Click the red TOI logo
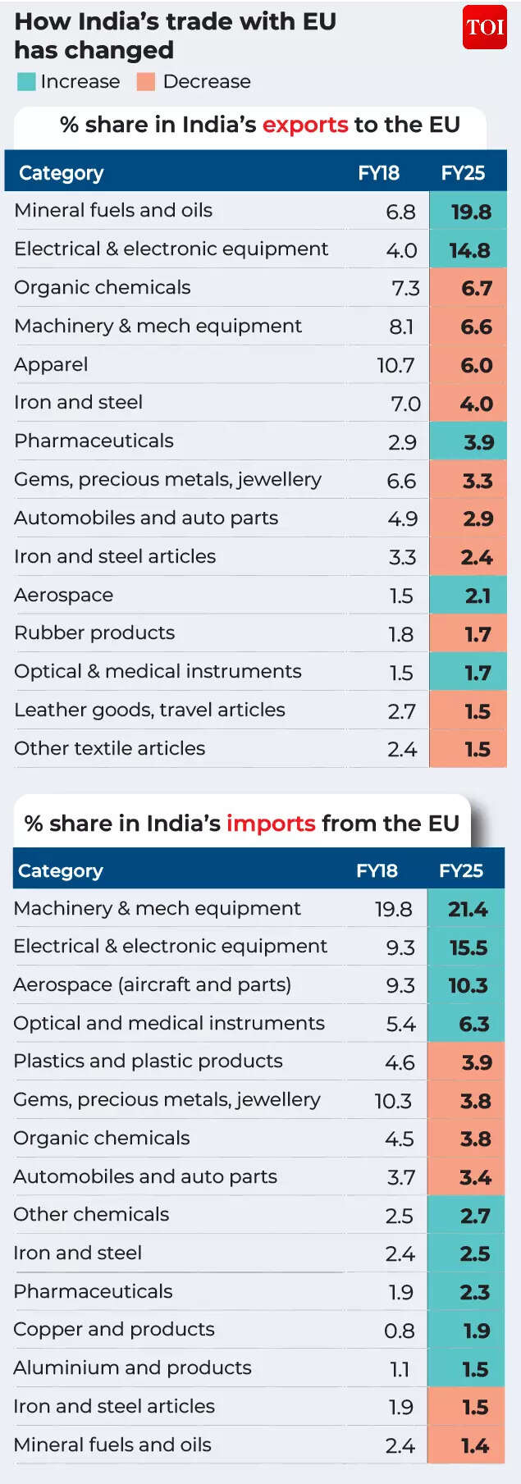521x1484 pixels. click(484, 27)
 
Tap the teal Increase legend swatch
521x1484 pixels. click(26, 82)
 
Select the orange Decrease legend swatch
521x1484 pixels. click(146, 82)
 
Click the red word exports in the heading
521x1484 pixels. click(305, 125)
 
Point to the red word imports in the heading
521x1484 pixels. click(271, 823)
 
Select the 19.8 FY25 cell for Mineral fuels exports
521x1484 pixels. click(470, 212)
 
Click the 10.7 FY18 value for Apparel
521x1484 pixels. click(395, 365)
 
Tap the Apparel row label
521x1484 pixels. click(51, 365)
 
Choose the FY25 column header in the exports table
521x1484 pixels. click(463, 173)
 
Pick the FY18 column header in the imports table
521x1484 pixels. click(377, 870)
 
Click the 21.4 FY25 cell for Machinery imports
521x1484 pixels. click(468, 909)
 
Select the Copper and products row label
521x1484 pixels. click(114, 1329)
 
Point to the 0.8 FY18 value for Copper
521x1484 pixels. click(399, 1331)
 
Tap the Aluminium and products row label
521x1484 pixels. click(132, 1368)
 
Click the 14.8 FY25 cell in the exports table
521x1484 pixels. click(469, 250)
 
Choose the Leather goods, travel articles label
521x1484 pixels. click(149, 710)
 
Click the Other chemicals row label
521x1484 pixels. click(91, 1214)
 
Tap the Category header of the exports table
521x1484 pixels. click(62, 173)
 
